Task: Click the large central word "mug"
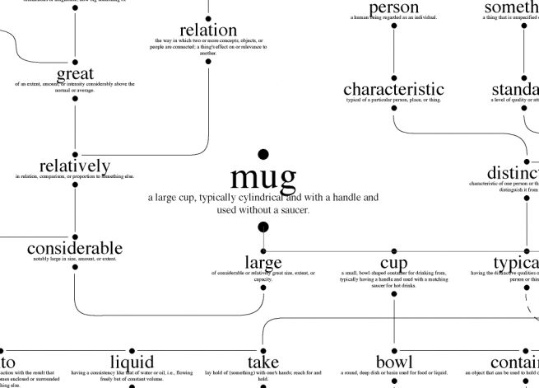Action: [263, 176]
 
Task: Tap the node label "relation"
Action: [208, 30]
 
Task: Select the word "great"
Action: [75, 74]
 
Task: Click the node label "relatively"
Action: [75, 166]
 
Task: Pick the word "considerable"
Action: [75, 248]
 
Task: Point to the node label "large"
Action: [263, 263]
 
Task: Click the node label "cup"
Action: [394, 263]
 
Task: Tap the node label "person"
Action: [394, 8]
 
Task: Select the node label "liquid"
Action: [132, 362]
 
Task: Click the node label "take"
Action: [263, 362]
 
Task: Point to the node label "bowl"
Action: [394, 362]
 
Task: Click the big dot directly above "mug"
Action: [263, 154]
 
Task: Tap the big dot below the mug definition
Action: [263, 227]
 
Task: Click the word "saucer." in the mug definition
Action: [293, 210]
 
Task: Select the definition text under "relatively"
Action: [75, 176]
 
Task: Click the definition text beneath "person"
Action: [394, 17]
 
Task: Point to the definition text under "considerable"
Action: [75, 259]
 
